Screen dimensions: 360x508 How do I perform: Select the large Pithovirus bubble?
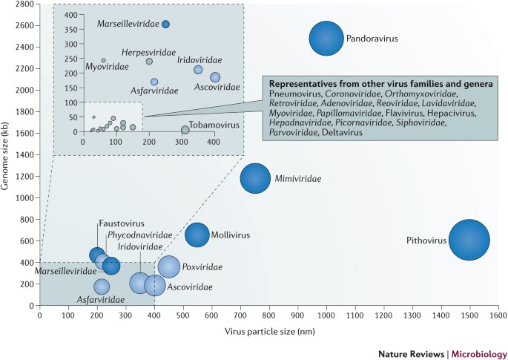469,240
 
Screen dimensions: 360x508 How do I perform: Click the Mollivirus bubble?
197,235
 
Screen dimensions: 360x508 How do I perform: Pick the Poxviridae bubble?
169,266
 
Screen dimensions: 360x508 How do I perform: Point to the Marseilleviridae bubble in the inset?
165,24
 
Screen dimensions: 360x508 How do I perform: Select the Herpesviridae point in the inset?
149,61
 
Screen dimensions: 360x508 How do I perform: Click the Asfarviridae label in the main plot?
102,301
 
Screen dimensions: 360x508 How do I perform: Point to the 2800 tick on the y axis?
24,4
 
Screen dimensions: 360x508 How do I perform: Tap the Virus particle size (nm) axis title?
269,331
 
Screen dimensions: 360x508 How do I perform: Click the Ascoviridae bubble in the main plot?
155,286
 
